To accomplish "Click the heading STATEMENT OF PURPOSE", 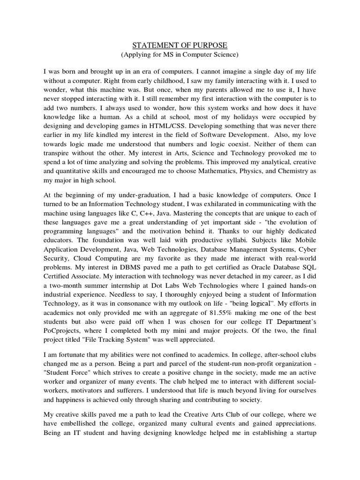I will [180, 45].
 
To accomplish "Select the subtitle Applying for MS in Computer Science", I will [180, 55].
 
